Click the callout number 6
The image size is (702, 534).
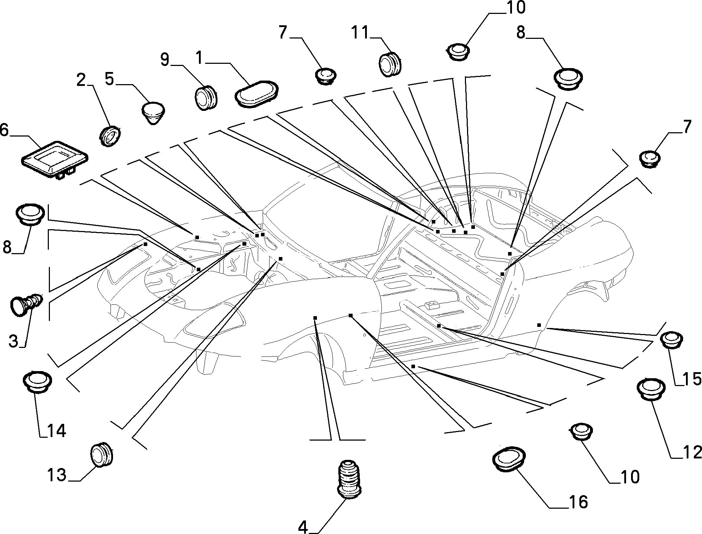pos(4,130)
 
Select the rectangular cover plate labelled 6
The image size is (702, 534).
pos(55,159)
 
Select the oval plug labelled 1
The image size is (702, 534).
pos(257,94)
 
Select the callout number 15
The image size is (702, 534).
pos(692,380)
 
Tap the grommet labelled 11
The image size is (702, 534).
pos(389,64)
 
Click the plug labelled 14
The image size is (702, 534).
pos(37,382)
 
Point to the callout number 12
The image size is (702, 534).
pos(692,453)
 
